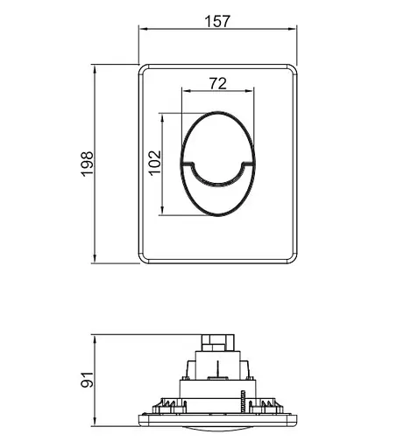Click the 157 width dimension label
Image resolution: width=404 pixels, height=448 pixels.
(x=216, y=21)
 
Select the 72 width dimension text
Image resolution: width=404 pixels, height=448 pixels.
(x=217, y=83)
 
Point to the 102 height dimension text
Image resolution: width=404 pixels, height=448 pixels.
(x=155, y=163)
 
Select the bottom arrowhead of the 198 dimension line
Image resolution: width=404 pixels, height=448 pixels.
(x=97, y=259)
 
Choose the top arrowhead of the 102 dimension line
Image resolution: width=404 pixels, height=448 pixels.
(x=165, y=115)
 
